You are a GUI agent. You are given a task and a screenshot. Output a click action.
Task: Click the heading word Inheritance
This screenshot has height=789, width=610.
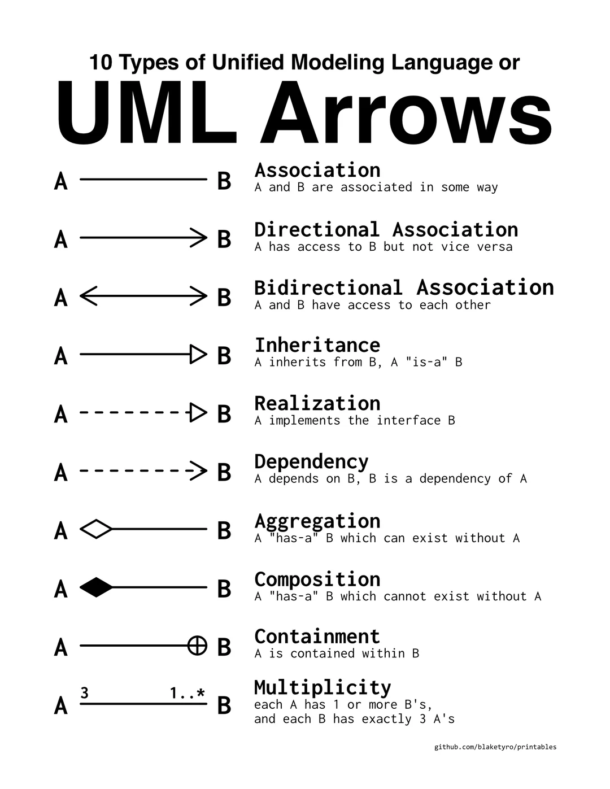click(317, 345)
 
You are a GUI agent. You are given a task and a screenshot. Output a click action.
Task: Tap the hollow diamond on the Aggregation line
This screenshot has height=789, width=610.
click(96, 529)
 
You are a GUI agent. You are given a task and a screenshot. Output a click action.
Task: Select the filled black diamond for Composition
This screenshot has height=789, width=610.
click(96, 588)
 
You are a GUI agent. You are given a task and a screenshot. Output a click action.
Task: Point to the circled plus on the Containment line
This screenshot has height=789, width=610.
click(197, 646)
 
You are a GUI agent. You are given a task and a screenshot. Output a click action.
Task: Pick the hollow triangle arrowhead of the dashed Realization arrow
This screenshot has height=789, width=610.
click(198, 413)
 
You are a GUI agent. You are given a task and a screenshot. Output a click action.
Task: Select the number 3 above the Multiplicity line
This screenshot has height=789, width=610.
click(85, 693)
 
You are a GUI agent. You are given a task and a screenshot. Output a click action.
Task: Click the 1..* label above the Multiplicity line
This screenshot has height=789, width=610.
click(188, 693)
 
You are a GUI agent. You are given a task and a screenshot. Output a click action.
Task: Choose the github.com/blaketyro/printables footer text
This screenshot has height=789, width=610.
click(495, 747)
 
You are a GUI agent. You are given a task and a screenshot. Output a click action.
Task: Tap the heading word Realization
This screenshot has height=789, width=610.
click(317, 403)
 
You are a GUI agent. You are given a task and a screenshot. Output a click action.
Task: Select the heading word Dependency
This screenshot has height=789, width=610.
click(311, 462)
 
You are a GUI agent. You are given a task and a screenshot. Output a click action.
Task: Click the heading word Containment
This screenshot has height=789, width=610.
click(317, 637)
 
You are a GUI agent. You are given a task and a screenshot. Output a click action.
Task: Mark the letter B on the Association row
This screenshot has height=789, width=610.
click(224, 181)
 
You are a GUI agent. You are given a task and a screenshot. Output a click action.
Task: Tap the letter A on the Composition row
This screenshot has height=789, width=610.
click(61, 589)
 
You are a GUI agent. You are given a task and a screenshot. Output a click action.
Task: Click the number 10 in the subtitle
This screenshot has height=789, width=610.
click(102, 62)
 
